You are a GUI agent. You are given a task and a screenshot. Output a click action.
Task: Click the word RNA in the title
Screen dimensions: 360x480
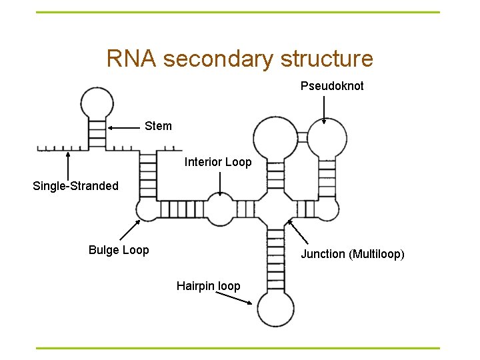[131, 59]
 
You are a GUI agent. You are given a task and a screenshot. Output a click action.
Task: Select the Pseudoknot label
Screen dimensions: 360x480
[332, 86]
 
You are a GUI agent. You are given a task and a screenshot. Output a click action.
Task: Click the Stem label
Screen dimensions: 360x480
[158, 126]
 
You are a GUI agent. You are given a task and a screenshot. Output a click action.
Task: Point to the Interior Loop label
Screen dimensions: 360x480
[218, 162]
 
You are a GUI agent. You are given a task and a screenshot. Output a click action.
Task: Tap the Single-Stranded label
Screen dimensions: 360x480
[75, 186]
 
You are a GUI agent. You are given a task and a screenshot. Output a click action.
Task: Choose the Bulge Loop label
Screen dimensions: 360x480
[119, 250]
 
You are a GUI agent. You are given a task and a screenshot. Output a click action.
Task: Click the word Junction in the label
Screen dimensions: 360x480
[323, 254]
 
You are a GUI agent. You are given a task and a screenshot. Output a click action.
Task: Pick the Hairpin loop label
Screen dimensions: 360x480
[208, 286]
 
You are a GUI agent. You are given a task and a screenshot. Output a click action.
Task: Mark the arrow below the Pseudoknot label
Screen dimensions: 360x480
[324, 109]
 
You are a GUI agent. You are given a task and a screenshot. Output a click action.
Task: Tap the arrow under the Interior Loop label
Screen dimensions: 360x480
[220, 183]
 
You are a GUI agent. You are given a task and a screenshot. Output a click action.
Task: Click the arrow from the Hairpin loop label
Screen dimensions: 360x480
[236, 297]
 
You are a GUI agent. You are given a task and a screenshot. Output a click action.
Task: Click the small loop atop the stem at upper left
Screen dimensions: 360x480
[97, 103]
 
